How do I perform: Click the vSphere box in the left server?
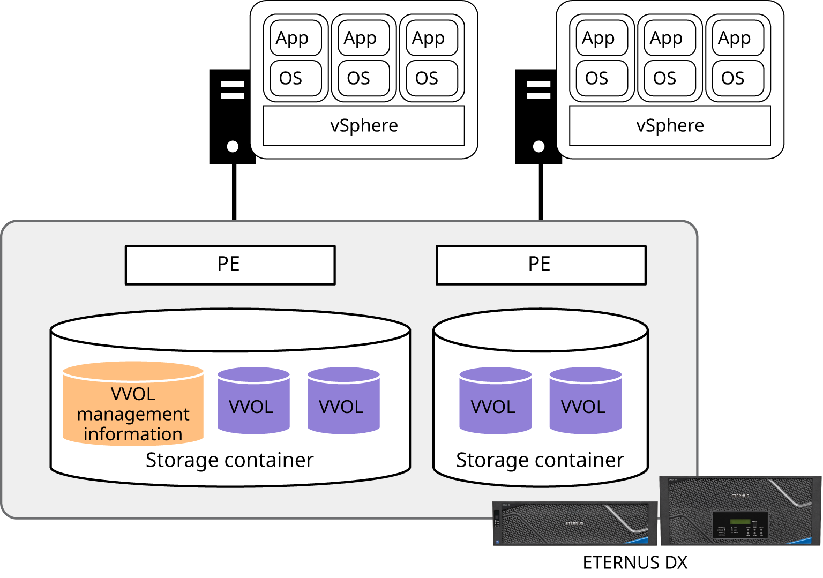tap(364, 125)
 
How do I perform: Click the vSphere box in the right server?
tap(670, 125)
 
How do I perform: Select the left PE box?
tap(230, 265)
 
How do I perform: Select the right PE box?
tap(541, 265)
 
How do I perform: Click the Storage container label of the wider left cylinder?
tap(229, 460)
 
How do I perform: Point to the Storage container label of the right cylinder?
tap(540, 460)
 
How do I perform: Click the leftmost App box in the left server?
tap(295, 38)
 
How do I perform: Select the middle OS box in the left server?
tap(363, 78)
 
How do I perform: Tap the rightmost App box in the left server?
tap(431, 38)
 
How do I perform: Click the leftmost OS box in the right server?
tap(601, 78)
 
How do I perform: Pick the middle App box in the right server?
tap(669, 38)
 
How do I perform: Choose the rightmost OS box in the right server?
tap(737, 78)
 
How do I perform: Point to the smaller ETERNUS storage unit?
tap(574, 523)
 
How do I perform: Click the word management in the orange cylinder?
tap(133, 414)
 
